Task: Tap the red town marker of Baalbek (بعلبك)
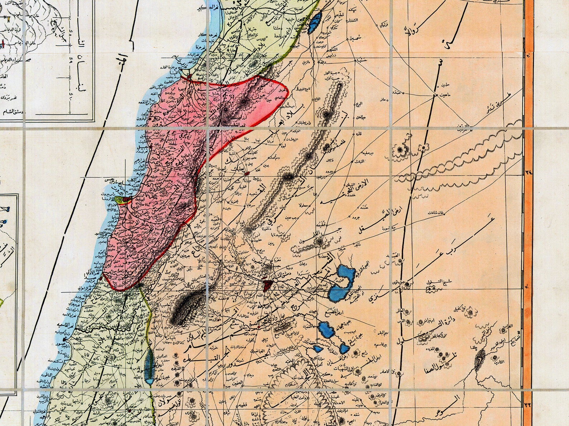(x=247, y=173)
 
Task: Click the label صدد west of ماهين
(x=396, y=92)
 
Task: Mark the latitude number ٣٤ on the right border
(x=529, y=172)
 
